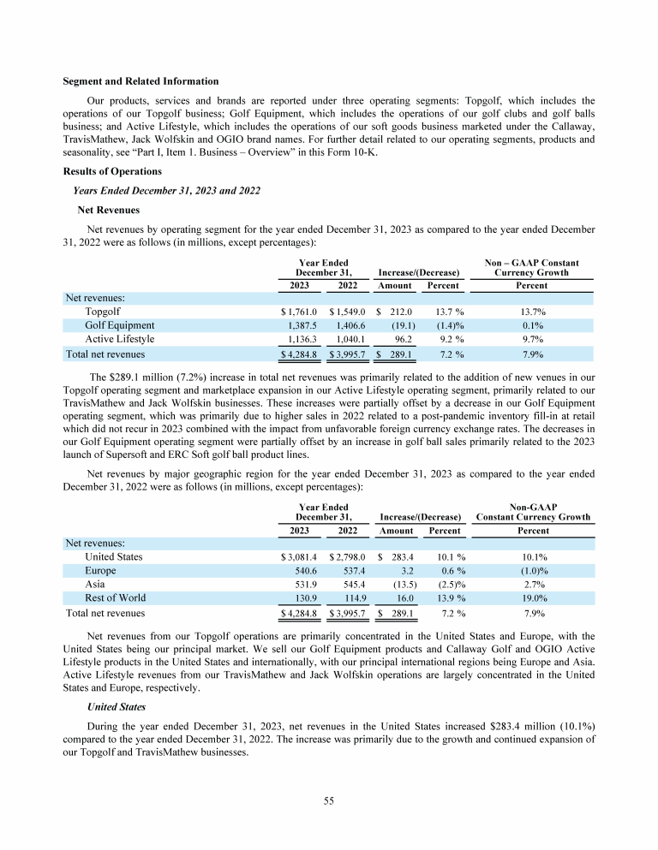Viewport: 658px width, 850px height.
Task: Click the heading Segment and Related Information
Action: coord(141,81)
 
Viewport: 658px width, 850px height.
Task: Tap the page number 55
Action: coord(328,801)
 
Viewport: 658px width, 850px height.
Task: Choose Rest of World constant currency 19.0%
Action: coord(533,598)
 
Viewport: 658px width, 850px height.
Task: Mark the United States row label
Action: coord(114,556)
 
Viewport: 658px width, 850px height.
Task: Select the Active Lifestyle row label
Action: coord(120,339)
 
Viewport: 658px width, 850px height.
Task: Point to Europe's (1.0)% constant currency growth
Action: coord(533,570)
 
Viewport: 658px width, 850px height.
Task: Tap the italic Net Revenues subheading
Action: coord(108,208)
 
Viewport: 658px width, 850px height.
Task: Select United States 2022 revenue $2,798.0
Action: coord(347,556)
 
